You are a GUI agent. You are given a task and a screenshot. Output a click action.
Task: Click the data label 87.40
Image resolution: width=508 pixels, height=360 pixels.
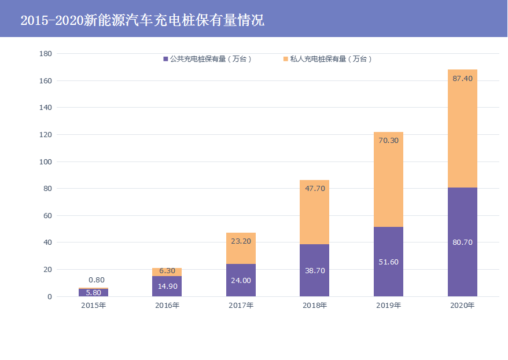pyautogui.click(x=462, y=79)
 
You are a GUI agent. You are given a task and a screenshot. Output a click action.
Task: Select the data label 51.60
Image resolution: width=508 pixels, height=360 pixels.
pyautogui.click(x=388, y=262)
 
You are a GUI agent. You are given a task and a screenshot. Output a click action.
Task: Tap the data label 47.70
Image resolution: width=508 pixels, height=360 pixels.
pyautogui.click(x=314, y=188)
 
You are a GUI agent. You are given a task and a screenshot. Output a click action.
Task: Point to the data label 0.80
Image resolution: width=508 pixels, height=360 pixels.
pyautogui.click(x=96, y=280)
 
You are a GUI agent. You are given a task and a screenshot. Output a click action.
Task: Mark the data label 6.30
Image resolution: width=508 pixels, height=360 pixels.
pyautogui.click(x=167, y=271)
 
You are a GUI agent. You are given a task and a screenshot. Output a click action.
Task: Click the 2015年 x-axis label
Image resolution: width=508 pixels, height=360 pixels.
pyautogui.click(x=94, y=306)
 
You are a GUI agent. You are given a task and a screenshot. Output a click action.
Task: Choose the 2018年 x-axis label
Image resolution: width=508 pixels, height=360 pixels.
pyautogui.click(x=314, y=306)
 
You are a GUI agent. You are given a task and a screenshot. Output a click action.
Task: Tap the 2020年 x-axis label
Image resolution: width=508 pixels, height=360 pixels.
pyautogui.click(x=462, y=306)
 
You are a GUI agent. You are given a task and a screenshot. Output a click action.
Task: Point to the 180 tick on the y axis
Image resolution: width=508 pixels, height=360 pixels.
pyautogui.click(x=46, y=54)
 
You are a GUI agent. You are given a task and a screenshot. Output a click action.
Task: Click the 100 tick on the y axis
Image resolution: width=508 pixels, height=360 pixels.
pyautogui.click(x=46, y=161)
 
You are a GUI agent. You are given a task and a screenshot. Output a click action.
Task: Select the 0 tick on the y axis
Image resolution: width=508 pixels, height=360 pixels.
pyautogui.click(x=50, y=297)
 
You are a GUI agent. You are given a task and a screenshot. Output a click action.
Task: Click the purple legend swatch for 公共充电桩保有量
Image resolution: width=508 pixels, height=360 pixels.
pyautogui.click(x=165, y=59)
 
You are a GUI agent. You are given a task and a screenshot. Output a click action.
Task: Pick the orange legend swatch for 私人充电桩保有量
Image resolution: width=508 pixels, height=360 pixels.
pyautogui.click(x=285, y=59)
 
